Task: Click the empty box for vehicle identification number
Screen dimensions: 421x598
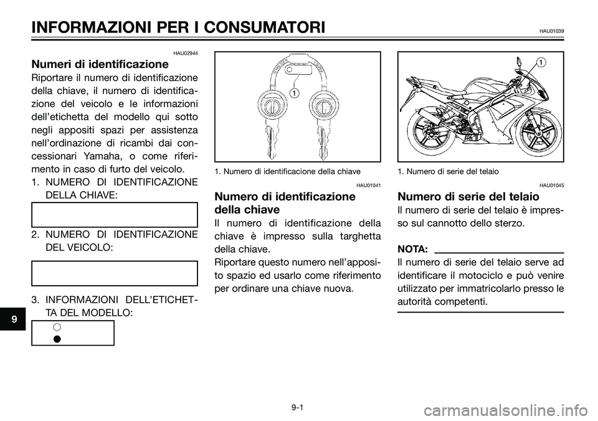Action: click(115, 273)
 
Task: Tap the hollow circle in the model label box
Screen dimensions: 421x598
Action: click(56, 327)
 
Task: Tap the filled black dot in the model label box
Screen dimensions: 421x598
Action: click(56, 338)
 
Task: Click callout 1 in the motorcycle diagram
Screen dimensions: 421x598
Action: click(541, 62)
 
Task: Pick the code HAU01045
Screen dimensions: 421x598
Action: click(551, 185)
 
